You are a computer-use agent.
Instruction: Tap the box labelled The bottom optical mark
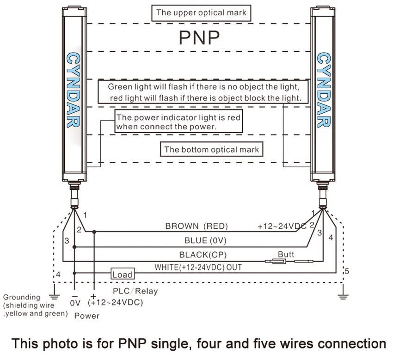[x=212, y=149]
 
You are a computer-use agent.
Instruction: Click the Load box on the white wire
[x=122, y=274]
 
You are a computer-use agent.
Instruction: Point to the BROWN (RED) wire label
[x=197, y=226]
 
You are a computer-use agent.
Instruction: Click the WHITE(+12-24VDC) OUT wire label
[x=198, y=267]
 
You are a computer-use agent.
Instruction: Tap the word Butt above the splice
[x=286, y=255]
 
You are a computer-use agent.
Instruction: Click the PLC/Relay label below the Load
[x=135, y=291]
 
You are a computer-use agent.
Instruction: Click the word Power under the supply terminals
[x=86, y=316]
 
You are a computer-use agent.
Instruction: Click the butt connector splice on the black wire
[x=276, y=262]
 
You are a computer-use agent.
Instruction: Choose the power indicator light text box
[x=178, y=122]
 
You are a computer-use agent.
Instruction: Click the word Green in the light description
[x=120, y=86]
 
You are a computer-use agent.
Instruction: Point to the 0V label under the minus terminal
[x=75, y=303]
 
